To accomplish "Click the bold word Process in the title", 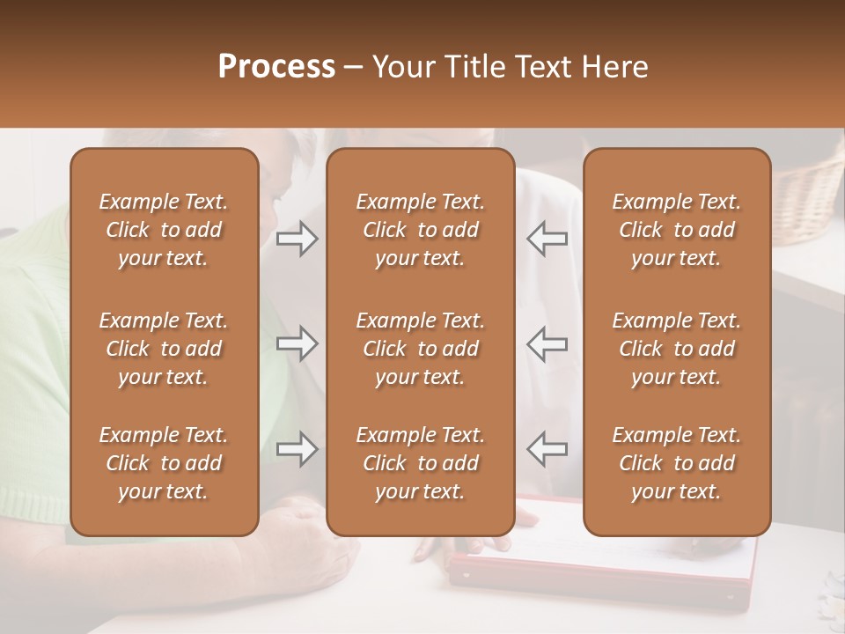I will point(276,67).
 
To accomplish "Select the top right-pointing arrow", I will point(298,239).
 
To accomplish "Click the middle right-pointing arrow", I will point(298,343).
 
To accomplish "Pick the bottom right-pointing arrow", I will point(298,449).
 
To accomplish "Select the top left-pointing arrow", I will point(547,239).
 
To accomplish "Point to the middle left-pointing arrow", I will point(547,343).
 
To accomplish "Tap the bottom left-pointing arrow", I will point(547,449).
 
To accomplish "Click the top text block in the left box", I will point(164,230).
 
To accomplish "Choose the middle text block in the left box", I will point(164,349).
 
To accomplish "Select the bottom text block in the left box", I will point(164,463).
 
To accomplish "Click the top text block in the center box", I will point(420,230).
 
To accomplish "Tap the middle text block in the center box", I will point(420,349).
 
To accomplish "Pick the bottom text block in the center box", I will point(420,463).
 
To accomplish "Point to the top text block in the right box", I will point(677,230).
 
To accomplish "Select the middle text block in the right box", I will point(677,349).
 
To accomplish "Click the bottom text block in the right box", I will point(677,463).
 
